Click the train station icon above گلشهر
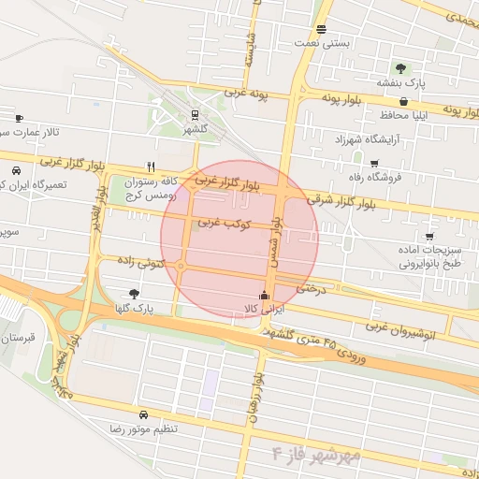(194, 115)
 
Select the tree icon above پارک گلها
(134, 294)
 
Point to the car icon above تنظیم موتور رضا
(142, 414)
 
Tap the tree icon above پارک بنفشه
(401, 67)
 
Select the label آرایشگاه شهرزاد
(334, 138)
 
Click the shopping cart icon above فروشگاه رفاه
(374, 163)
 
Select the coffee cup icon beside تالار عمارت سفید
(19, 118)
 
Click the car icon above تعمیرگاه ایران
(17, 171)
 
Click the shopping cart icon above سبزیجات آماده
(428, 237)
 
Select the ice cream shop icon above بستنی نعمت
(322, 29)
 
